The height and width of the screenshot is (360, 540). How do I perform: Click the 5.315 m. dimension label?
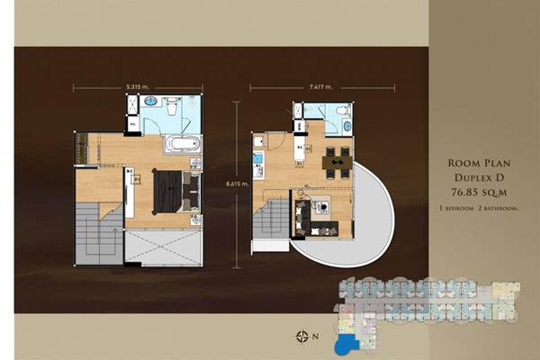tap(138, 87)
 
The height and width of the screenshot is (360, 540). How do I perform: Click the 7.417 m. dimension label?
tap(320, 87)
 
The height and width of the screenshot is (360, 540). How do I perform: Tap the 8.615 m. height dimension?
tap(238, 184)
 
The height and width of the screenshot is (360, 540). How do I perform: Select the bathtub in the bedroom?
tap(183, 144)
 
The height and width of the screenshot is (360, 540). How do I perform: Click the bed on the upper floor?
tap(176, 192)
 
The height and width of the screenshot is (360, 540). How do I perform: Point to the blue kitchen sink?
tap(258, 158)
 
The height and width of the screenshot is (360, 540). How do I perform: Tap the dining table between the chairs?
tap(337, 163)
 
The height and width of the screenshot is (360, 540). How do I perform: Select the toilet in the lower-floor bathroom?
tap(344, 111)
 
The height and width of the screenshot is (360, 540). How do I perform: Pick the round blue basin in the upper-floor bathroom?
tap(151, 102)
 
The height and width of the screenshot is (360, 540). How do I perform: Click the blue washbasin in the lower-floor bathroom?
tap(346, 125)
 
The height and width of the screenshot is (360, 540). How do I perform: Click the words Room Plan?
tap(479, 163)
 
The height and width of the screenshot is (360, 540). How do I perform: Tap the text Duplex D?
tap(479, 178)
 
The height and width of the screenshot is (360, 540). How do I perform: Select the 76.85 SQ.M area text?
tap(479, 193)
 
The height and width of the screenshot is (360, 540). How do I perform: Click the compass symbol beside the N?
tap(302, 337)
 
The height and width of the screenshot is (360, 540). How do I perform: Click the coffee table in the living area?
tap(323, 206)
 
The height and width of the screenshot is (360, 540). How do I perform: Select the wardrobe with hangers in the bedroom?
tap(82, 148)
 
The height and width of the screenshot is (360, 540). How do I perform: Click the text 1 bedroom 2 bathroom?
tap(479, 209)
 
